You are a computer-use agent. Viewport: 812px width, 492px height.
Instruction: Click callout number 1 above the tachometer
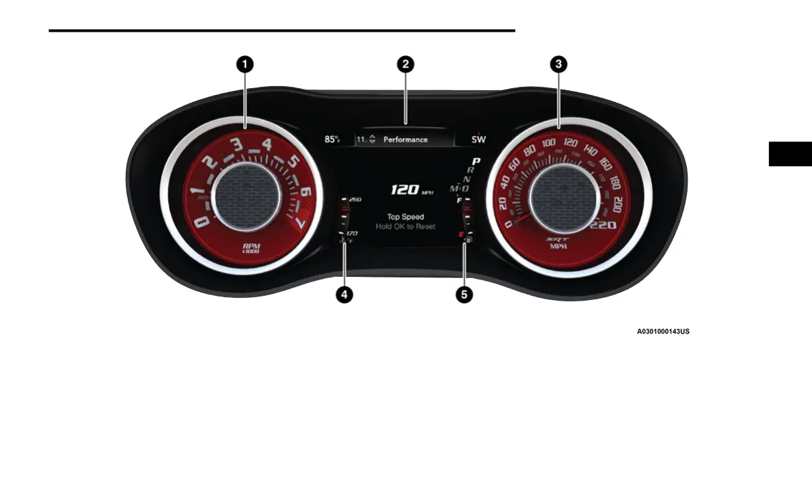coord(244,64)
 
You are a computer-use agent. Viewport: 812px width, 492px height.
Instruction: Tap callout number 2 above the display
coord(406,64)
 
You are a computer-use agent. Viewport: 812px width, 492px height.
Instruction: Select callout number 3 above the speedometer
coord(559,64)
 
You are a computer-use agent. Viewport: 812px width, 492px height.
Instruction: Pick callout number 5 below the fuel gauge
coord(465,295)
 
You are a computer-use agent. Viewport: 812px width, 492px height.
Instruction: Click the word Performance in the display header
coord(405,139)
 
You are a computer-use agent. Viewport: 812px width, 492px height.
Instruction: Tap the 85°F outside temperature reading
coord(333,139)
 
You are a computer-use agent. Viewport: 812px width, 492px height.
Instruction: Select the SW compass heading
coord(479,139)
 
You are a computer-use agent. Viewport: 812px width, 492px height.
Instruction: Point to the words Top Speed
coord(405,217)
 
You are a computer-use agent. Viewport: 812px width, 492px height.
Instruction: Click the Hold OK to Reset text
coord(405,226)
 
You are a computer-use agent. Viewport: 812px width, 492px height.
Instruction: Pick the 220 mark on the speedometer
coord(603,225)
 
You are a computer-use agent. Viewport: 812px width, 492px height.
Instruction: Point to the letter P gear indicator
coord(476,161)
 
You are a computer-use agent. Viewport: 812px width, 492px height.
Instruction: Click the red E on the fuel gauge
coord(461,234)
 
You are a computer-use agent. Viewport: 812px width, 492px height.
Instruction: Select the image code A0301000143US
coord(663,332)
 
